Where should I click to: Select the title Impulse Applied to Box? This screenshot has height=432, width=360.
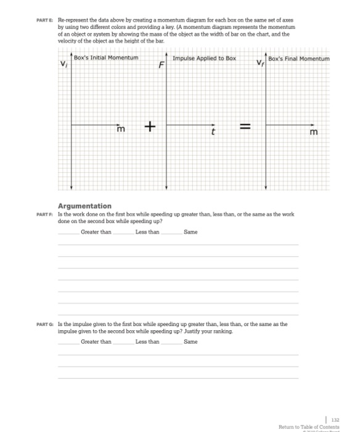(204, 58)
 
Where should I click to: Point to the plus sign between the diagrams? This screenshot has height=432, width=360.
(149, 127)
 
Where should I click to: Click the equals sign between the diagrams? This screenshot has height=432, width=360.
(244, 127)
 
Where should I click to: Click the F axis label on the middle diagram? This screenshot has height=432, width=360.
(162, 64)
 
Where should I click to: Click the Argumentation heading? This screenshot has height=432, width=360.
(84, 206)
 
